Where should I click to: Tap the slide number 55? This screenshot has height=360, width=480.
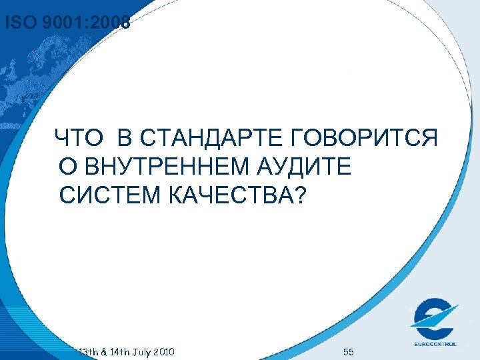(x=348, y=351)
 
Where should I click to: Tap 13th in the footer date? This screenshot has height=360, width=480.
(x=87, y=351)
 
